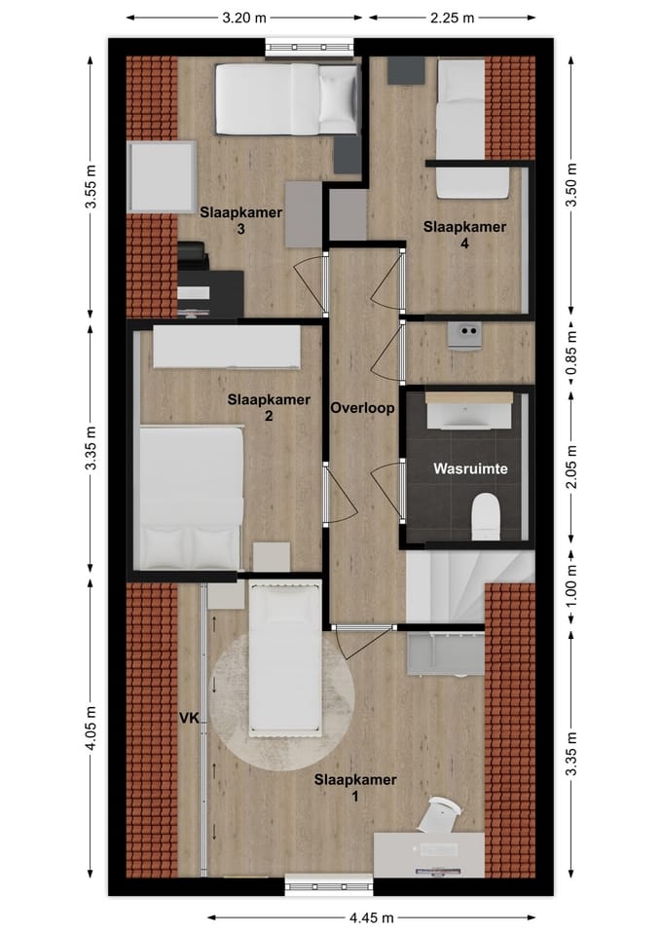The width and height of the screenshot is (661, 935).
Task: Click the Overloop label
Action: tap(362, 408)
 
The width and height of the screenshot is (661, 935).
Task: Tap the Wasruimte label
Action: tap(470, 468)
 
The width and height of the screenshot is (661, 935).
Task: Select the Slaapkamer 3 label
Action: tap(240, 221)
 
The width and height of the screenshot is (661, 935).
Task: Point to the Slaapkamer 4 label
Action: tap(464, 235)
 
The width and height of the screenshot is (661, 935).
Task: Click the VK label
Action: tap(190, 718)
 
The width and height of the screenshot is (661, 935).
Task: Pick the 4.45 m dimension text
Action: tap(371, 917)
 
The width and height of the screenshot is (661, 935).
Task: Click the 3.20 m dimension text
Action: tap(244, 18)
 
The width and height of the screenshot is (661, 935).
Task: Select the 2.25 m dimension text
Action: tap(453, 18)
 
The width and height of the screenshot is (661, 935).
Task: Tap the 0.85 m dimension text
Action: tap(571, 353)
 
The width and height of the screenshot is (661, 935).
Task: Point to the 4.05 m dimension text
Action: tap(91, 729)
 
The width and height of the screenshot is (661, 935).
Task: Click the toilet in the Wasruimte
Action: tap(485, 516)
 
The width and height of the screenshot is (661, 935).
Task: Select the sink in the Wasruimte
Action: tap(469, 410)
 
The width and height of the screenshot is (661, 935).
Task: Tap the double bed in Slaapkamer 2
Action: tap(191, 498)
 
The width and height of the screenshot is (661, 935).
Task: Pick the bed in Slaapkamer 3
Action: tap(287, 99)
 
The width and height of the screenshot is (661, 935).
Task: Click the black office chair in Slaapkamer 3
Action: tap(193, 256)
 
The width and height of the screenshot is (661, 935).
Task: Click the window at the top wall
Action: tap(310, 47)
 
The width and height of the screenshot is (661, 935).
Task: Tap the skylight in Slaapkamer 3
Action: tap(162, 176)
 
